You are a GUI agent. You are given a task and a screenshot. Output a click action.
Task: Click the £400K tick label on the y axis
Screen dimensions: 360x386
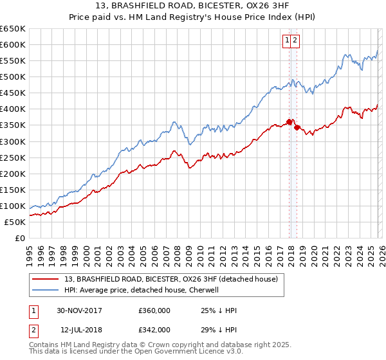pyautogui.click(x=13, y=109)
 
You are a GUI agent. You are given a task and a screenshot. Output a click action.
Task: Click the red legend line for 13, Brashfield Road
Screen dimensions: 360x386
pyautogui.click(x=46, y=279)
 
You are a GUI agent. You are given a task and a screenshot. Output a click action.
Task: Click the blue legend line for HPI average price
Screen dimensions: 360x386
pyautogui.click(x=46, y=290)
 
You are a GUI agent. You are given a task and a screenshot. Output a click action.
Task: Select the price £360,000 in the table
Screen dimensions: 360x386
pyautogui.click(x=154, y=310)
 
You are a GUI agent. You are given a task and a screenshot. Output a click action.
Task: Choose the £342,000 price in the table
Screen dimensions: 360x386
pyautogui.click(x=154, y=329)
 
